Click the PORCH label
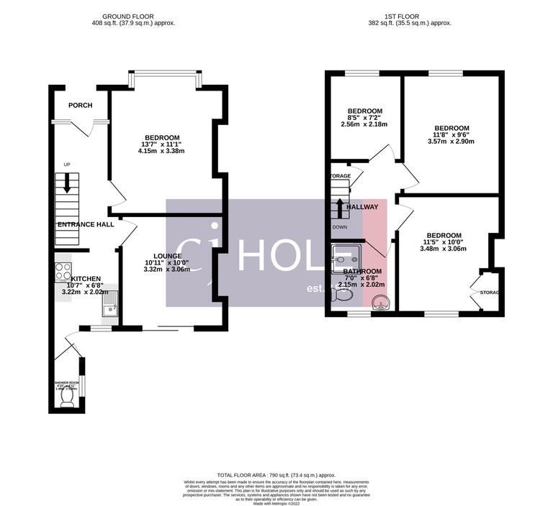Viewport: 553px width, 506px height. pos(80,106)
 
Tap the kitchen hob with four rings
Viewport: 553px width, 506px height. pos(63,271)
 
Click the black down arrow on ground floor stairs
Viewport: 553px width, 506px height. pos(67,184)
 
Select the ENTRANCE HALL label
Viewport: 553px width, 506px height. pos(86,225)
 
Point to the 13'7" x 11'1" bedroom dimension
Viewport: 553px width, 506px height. pos(163,144)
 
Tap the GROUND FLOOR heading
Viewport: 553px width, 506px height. pos(128,16)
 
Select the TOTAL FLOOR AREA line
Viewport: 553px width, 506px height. pos(277,475)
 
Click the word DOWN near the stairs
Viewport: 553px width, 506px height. pos(339,227)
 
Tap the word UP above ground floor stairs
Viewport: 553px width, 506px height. pos(67,165)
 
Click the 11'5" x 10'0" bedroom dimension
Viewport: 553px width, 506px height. pos(443,242)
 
